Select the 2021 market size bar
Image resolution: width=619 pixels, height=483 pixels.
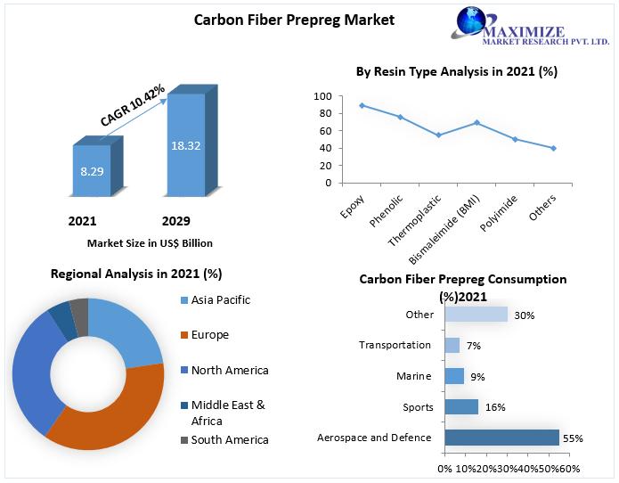(x=92, y=170)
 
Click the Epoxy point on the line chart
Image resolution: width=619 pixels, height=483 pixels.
(x=337, y=105)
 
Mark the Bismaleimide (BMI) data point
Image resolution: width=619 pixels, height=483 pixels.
(x=476, y=122)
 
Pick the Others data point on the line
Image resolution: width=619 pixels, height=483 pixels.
(x=553, y=148)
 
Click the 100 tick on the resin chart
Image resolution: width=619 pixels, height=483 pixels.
(x=322, y=96)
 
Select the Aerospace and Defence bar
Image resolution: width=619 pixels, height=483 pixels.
(x=501, y=438)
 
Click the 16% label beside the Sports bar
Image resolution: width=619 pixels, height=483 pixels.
(x=495, y=407)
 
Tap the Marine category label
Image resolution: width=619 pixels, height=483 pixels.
(x=414, y=376)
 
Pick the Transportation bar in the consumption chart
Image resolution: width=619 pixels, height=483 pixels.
(x=452, y=345)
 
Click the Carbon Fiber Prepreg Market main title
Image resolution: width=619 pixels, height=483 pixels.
(x=294, y=19)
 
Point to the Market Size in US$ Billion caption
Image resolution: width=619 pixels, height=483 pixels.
(x=150, y=242)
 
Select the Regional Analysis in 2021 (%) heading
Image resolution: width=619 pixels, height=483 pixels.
(x=136, y=274)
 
